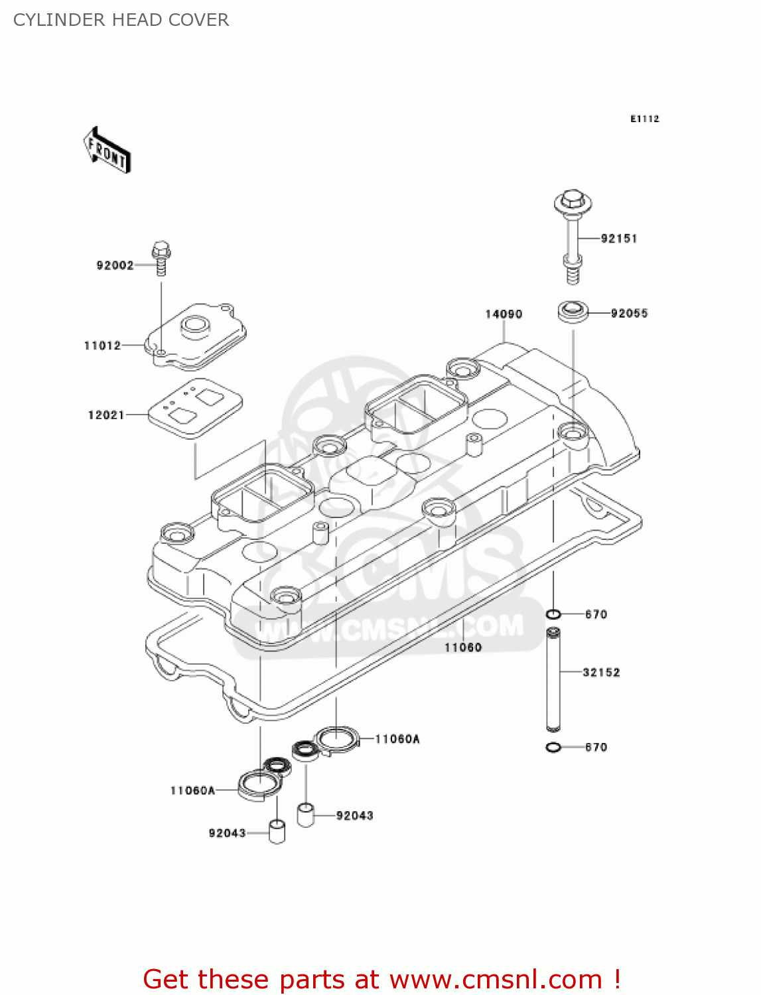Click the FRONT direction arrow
(107, 151)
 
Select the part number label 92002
(115, 265)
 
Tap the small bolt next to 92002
(161, 258)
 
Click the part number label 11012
(102, 346)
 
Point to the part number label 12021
(106, 415)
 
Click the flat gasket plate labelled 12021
(194, 407)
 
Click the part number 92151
(618, 239)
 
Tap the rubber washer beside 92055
(573, 312)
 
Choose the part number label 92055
(629, 314)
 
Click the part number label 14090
(504, 314)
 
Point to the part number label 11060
(462, 647)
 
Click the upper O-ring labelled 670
(553, 614)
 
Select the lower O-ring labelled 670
(553, 748)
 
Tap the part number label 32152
(601, 673)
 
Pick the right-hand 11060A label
(397, 739)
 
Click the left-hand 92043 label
(227, 833)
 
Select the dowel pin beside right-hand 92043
(305, 815)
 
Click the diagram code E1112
(644, 119)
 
